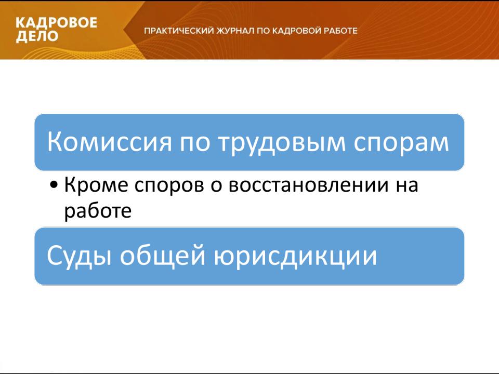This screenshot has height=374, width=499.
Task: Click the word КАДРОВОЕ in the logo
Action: coord(56,23)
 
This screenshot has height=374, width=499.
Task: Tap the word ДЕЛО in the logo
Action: coord(37,36)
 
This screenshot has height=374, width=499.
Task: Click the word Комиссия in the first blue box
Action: coord(110,142)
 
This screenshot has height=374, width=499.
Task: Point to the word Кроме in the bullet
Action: coord(96,185)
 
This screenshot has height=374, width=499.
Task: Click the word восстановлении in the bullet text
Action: coord(309,185)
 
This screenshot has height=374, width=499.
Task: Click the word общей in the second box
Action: coord(163,256)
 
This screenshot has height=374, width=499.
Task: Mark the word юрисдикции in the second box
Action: coord(295,256)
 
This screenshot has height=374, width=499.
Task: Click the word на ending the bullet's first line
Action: coord(407,186)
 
